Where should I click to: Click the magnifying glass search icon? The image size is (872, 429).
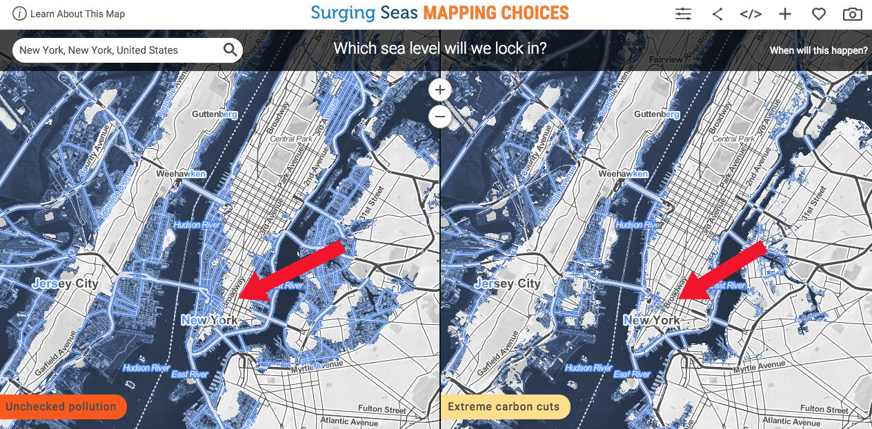[x=230, y=50]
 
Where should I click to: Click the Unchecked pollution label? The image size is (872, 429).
[x=61, y=406]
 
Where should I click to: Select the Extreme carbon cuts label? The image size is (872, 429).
[x=504, y=406]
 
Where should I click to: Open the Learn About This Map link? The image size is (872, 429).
[x=69, y=14]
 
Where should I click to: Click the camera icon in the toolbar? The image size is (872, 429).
[x=852, y=14]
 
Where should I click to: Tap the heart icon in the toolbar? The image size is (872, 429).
[x=818, y=14]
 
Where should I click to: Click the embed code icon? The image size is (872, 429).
[x=751, y=14]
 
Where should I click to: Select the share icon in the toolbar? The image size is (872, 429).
[x=717, y=14]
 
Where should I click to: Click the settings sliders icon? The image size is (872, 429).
[x=683, y=14]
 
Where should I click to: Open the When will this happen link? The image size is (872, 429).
[x=818, y=50]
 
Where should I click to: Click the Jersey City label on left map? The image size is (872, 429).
[x=66, y=283]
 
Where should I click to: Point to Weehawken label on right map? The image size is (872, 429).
[x=623, y=174]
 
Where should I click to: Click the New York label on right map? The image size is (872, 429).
[x=651, y=321]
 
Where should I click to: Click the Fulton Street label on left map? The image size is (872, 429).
[x=382, y=410]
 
